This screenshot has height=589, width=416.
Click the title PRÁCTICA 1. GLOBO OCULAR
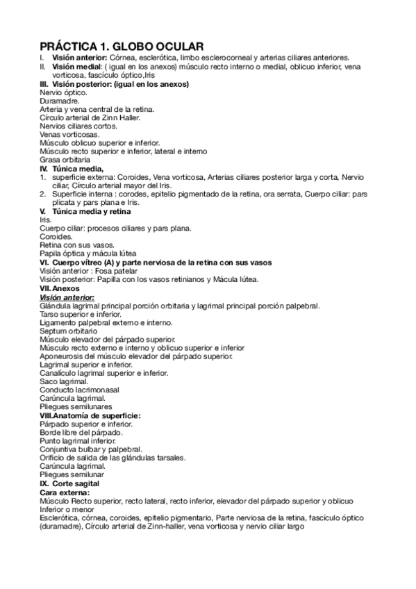click(117, 45)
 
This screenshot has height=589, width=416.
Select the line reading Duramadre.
click(60, 100)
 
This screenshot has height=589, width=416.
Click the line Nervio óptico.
click(64, 92)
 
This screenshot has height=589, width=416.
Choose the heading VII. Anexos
click(60, 288)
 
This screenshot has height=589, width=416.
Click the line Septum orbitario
click(68, 331)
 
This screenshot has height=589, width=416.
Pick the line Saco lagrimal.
click(64, 381)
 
